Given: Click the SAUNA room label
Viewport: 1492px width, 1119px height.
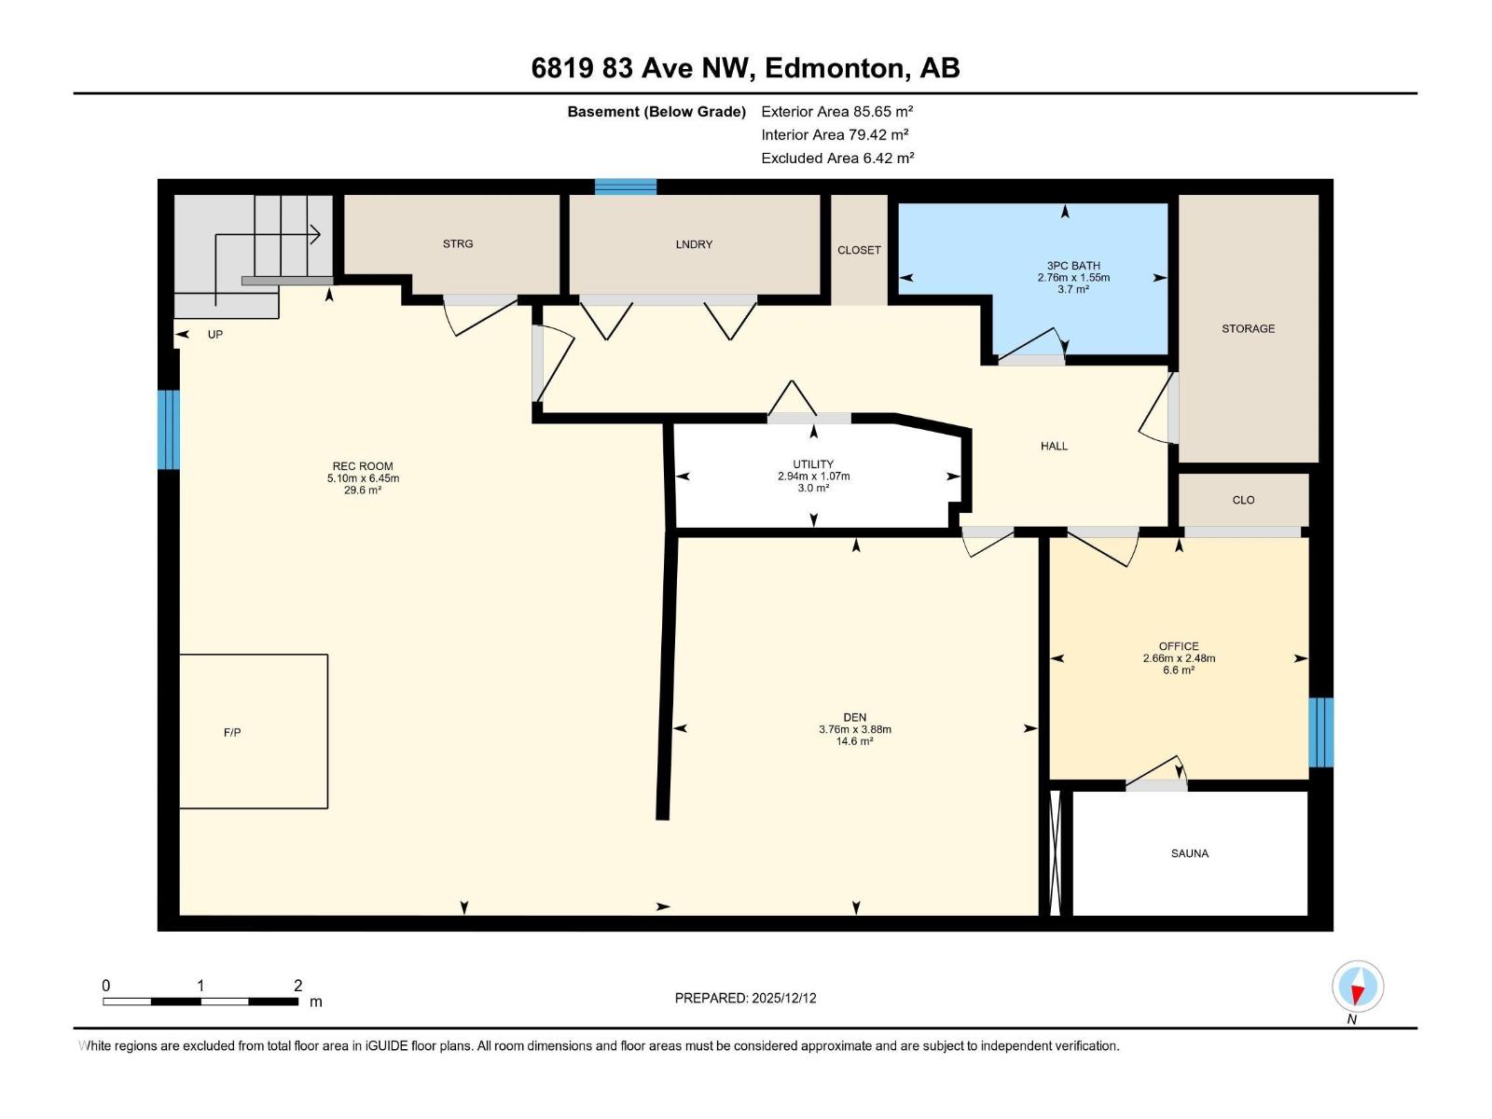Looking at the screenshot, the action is point(1189,853).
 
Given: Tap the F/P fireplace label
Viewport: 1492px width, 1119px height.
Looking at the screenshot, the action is point(232,732).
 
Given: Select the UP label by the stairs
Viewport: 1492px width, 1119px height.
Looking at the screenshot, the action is point(214,334).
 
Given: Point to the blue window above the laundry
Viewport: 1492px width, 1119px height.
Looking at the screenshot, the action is point(626,186).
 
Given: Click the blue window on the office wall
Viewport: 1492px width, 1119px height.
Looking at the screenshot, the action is point(1320,732).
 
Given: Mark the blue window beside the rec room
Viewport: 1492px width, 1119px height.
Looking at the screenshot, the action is point(169,429).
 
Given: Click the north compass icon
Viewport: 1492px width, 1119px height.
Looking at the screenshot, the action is point(1357,987).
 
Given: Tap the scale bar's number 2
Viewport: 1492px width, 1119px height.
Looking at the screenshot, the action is point(297,985).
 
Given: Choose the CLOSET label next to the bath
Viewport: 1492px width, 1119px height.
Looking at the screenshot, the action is point(859,250).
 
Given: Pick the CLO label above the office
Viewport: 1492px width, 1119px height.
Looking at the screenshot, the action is point(1243,500).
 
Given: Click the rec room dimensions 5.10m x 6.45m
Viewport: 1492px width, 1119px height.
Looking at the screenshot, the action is point(363,478).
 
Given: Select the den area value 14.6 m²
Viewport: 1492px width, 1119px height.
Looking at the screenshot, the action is point(854,741).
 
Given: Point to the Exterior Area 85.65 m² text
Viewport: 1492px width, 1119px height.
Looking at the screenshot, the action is point(836,111).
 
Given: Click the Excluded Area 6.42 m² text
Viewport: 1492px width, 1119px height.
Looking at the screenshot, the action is point(837,159).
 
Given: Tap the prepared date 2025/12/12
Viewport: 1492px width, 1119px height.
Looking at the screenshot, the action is point(783,998).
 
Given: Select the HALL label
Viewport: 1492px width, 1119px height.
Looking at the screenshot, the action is point(1054,447).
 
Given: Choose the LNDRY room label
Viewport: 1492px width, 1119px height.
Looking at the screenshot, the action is point(694,244).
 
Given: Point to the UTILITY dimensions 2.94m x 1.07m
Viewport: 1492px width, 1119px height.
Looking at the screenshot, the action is point(814,477).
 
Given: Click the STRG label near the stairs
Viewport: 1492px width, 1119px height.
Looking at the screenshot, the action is point(458,244).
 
